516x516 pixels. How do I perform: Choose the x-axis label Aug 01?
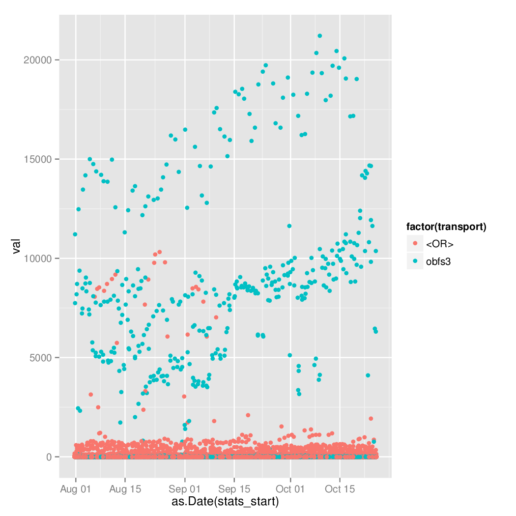pos(76,489)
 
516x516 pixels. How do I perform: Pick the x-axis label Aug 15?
pos(125,489)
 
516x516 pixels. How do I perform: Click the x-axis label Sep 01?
pos(185,489)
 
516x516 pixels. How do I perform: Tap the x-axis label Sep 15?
pos(234,489)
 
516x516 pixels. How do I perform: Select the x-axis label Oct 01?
pos(290,489)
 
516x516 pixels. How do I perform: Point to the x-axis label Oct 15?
pos(340,489)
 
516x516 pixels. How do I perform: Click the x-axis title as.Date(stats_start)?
pos(225,502)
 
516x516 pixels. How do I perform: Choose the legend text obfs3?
pos(439,261)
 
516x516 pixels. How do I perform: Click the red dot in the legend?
pos(415,244)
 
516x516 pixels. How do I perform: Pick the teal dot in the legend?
pos(415,261)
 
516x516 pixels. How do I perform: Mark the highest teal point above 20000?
pos(319,36)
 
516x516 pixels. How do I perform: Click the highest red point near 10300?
pos(159,252)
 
